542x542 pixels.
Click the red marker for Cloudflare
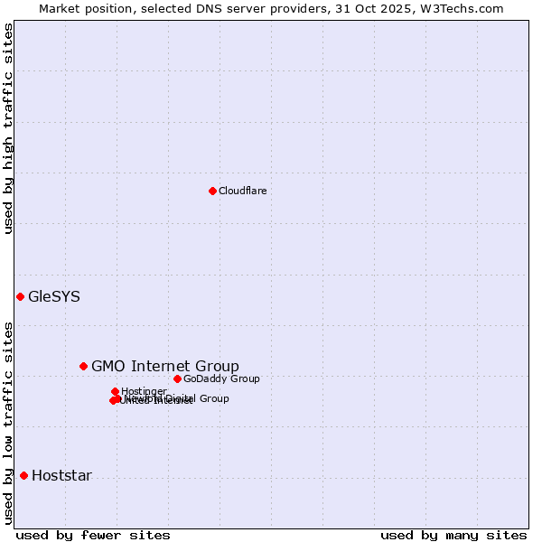pyautogui.click(x=212, y=191)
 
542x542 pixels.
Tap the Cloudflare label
pyautogui.click(x=242, y=191)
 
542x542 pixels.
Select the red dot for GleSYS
pyautogui.click(x=20, y=296)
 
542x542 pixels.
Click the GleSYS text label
pyautogui.click(x=54, y=296)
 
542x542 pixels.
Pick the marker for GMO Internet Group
pyautogui.click(x=83, y=366)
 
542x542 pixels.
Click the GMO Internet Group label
pyautogui.click(x=165, y=366)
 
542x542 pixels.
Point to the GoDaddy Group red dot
pyautogui.click(x=177, y=378)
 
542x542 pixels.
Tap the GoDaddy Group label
pyautogui.click(x=221, y=378)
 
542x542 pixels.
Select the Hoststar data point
pyautogui.click(x=23, y=475)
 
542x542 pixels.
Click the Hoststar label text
pyautogui.click(x=61, y=475)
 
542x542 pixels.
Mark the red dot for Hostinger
pyautogui.click(x=115, y=391)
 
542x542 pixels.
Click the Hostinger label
pyautogui.click(x=144, y=391)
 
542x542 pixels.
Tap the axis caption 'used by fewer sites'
pyautogui.click(x=93, y=535)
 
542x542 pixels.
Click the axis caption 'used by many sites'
pyautogui.click(x=453, y=535)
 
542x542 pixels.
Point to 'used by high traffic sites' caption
pyautogui.click(x=8, y=128)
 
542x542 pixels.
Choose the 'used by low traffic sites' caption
pyautogui.click(x=8, y=423)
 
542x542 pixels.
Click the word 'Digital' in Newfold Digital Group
pyautogui.click(x=182, y=398)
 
